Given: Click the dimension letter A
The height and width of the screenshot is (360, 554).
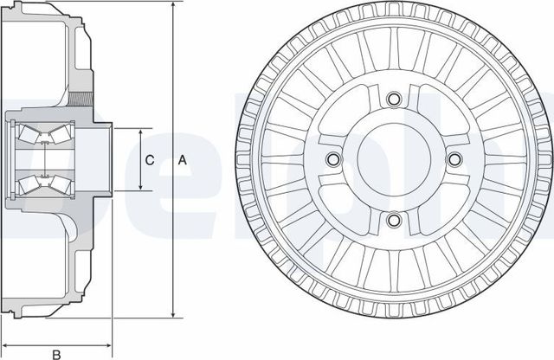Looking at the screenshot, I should click(182, 160).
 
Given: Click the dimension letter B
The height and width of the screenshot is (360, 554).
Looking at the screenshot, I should click(56, 352).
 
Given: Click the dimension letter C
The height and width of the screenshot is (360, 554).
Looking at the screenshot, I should click(149, 160).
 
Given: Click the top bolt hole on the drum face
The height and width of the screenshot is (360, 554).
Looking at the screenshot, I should click(392, 101).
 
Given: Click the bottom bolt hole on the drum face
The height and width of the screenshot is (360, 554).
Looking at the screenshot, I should click(392, 220).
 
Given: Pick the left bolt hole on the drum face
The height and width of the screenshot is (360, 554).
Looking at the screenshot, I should click(332, 160).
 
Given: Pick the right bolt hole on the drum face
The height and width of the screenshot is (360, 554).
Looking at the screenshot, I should click(451, 160).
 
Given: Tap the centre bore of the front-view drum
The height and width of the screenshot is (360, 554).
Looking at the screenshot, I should click(392, 160).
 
